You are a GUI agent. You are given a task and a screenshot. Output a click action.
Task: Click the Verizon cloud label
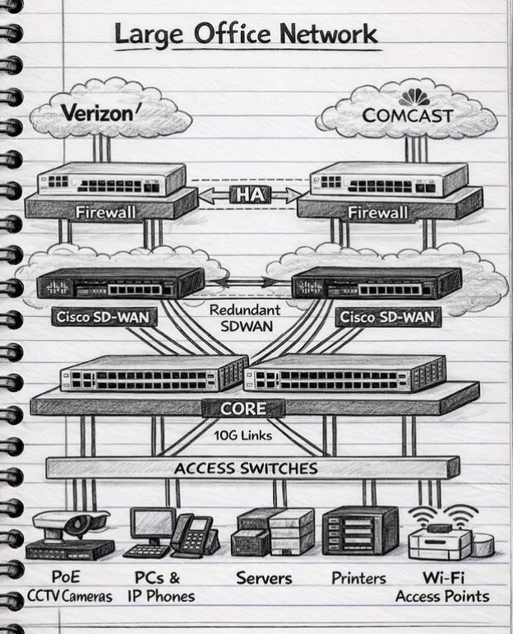pos(96,113)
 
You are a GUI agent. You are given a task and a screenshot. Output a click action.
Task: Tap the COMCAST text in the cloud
pos(408,115)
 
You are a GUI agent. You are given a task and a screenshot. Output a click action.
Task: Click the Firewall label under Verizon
pos(105,212)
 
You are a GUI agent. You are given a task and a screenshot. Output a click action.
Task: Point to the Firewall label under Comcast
pos(377,212)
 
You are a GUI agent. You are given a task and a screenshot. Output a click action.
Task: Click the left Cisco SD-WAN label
pos(95,317)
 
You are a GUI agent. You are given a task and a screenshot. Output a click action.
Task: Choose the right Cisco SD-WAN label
pos(387,317)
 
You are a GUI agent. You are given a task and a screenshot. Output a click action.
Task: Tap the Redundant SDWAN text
pos(244,318)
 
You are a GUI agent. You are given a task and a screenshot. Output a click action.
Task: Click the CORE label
pos(243,408)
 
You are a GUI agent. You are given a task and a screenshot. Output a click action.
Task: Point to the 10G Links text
pos(243,435)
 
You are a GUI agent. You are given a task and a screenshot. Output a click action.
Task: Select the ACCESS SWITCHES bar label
pos(246,469)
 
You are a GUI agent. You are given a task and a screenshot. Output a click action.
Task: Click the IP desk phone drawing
pos(195,535)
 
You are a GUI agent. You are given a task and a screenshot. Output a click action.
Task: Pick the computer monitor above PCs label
pos(151,524)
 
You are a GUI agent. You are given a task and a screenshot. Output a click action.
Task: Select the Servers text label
pos(264,578)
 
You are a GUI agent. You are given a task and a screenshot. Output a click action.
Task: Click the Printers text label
pos(358,578)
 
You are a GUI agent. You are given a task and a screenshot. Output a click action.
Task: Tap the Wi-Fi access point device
pos(441,539)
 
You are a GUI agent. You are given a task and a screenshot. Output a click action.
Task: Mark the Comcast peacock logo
pos(414,96)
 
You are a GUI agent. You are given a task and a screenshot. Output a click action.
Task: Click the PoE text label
pos(66,578)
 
